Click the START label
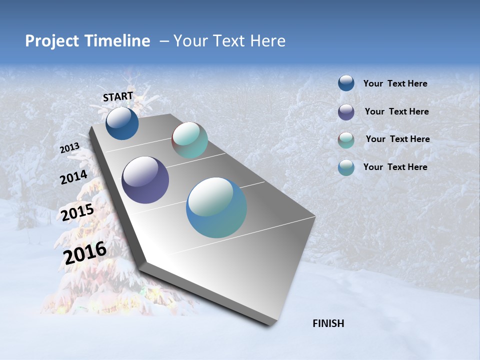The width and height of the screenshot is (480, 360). pyautogui.click(x=118, y=96)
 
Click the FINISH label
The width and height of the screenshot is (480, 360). pyautogui.click(x=328, y=323)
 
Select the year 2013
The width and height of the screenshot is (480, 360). pyautogui.click(x=69, y=148)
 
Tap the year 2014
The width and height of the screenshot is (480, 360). pyautogui.click(x=73, y=177)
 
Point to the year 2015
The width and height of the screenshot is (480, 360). pyautogui.click(x=77, y=212)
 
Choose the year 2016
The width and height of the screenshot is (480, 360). pyautogui.click(x=85, y=252)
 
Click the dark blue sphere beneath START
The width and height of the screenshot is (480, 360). pyautogui.click(x=122, y=123)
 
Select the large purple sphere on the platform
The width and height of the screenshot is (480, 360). pyautogui.click(x=145, y=180)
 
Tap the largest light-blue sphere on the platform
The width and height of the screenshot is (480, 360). pyautogui.click(x=216, y=207)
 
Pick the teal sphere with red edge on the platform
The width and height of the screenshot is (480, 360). pyautogui.click(x=189, y=140)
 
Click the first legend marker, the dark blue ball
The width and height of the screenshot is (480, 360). pyautogui.click(x=346, y=83)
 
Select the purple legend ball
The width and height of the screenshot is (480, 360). pyautogui.click(x=346, y=112)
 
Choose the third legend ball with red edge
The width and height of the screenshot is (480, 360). pyautogui.click(x=346, y=140)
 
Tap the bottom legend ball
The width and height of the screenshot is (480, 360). pyautogui.click(x=346, y=167)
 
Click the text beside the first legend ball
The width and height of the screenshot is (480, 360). pyautogui.click(x=395, y=83)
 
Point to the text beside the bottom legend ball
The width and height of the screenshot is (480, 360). pyautogui.click(x=395, y=167)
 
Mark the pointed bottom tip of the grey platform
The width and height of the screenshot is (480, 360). pyautogui.click(x=270, y=325)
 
